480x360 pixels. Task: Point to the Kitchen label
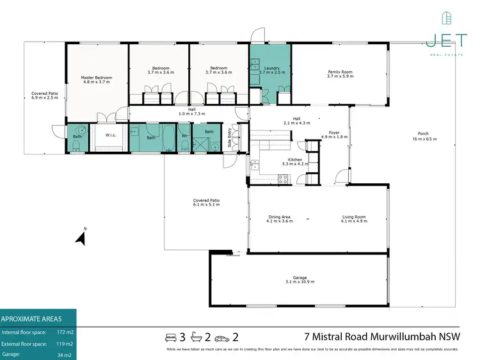pos(294,161)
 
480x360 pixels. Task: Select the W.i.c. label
pos(110,135)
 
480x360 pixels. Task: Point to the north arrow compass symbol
pos(81,238)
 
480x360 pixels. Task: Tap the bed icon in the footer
pos(171,337)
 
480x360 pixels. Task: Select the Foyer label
pos(333,133)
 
